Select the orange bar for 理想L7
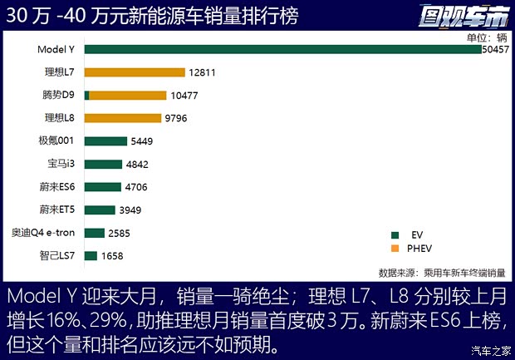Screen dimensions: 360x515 point(134,72)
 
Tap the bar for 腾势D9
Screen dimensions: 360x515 point(127,96)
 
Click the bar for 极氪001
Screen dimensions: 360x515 point(105,141)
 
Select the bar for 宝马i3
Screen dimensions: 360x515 point(103,164)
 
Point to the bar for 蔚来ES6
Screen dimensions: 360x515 point(102,187)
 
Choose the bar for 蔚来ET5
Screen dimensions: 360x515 point(100,210)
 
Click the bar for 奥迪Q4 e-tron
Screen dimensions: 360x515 point(94,233)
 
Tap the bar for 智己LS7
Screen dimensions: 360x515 point(91,255)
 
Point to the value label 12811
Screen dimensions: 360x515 point(202,72)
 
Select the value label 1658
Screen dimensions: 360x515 point(112,256)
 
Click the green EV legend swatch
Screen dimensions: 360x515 point(395,235)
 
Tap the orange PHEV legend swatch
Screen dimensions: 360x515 point(395,249)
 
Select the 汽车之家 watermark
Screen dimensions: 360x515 point(491,349)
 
